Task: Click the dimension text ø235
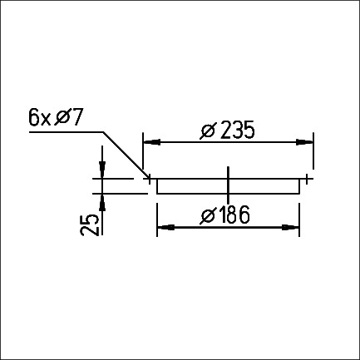coord(227,130)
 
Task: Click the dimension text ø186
coord(224,215)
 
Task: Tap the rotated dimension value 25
coord(90,224)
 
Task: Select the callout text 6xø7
coord(56,118)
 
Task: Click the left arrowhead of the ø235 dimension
coord(152,142)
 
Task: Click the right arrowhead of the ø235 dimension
coord(304,142)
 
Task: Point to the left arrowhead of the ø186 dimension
coord(165,228)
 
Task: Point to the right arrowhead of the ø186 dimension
coord(291,228)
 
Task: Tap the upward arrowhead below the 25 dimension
coord(102,203)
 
